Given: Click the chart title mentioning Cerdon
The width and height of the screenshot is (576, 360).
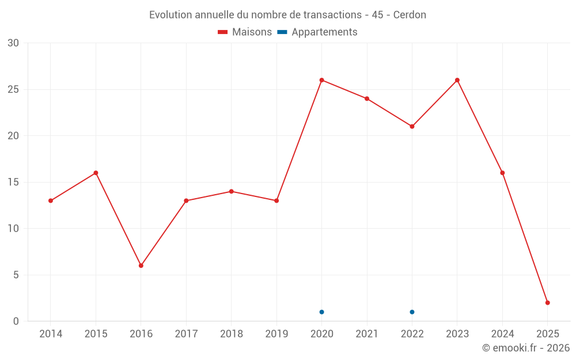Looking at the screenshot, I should click(287, 15).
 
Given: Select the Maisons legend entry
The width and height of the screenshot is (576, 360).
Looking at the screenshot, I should click(245, 32).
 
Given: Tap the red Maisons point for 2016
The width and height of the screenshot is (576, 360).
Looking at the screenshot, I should click(141, 266).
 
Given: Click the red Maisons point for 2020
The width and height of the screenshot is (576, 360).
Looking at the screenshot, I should click(321, 80).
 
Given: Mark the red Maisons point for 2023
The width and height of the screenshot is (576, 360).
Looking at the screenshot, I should click(457, 80).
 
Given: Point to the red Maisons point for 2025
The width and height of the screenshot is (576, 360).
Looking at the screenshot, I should click(548, 302).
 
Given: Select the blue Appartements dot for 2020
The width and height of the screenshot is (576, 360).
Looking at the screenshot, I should click(321, 312).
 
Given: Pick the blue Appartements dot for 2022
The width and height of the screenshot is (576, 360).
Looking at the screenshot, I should click(412, 312).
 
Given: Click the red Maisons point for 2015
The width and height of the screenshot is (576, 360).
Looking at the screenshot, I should click(96, 173).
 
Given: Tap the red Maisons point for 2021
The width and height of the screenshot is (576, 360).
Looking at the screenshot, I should click(367, 98).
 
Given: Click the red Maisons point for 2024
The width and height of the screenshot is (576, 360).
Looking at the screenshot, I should click(502, 173).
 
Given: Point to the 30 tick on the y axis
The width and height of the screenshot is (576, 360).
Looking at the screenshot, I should click(13, 43).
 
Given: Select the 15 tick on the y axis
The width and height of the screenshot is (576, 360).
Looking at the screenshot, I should click(13, 182).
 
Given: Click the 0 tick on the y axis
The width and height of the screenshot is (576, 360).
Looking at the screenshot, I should click(16, 321).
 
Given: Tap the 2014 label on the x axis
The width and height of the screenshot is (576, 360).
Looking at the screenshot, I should click(51, 334).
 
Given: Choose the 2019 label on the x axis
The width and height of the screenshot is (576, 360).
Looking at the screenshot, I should click(276, 334).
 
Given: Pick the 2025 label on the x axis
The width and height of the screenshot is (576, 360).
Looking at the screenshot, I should click(548, 334).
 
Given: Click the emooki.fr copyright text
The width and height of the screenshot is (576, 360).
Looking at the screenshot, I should click(525, 348).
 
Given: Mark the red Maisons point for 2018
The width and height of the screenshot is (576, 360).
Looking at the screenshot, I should click(231, 191).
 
